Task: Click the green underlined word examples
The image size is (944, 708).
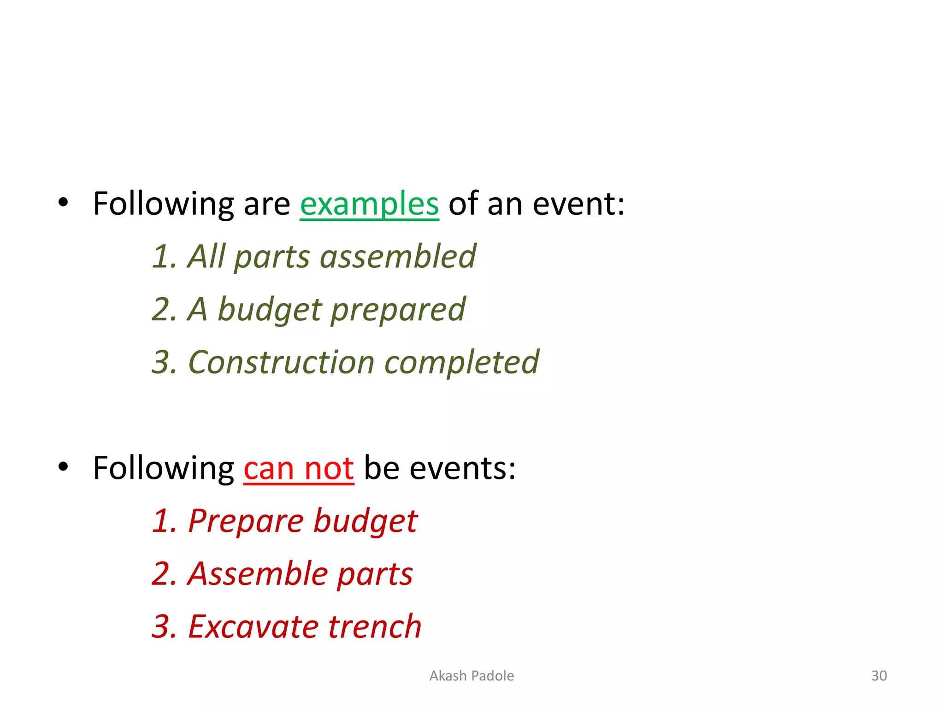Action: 369,204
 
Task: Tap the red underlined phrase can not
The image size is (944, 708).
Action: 299,469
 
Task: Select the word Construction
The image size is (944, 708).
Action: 281,362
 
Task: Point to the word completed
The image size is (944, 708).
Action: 461,362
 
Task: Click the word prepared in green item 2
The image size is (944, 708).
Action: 398,310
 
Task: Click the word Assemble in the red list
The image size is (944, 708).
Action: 257,574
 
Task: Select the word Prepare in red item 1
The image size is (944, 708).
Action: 246,521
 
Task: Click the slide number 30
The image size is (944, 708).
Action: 879,676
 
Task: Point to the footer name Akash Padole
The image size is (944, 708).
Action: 472,676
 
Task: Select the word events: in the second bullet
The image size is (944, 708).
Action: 462,468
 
